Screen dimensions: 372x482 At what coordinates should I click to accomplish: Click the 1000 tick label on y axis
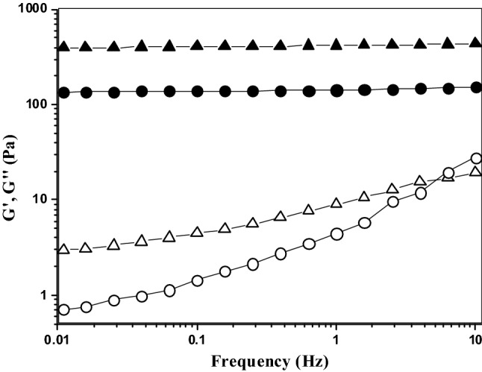click(x=31, y=10)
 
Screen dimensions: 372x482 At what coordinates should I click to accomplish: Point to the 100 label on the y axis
click(x=34, y=104)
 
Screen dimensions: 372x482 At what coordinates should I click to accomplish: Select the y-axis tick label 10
click(x=38, y=200)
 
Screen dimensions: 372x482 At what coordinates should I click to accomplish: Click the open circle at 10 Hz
click(x=476, y=158)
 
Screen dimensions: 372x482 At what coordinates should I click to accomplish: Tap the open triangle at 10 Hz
click(x=476, y=171)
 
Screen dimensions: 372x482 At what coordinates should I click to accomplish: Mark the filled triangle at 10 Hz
click(x=476, y=43)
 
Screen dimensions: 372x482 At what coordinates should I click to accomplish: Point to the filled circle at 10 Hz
click(x=476, y=87)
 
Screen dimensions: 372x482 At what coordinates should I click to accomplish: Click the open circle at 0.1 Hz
click(x=198, y=280)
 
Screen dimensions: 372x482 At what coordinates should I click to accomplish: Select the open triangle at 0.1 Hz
click(x=198, y=232)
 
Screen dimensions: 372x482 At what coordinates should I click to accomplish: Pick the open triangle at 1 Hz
click(x=337, y=203)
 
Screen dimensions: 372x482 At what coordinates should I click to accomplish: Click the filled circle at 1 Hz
click(x=337, y=91)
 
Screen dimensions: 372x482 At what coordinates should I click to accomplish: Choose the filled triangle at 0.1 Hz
click(x=198, y=46)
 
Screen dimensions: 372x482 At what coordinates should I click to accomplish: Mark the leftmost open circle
click(x=64, y=309)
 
